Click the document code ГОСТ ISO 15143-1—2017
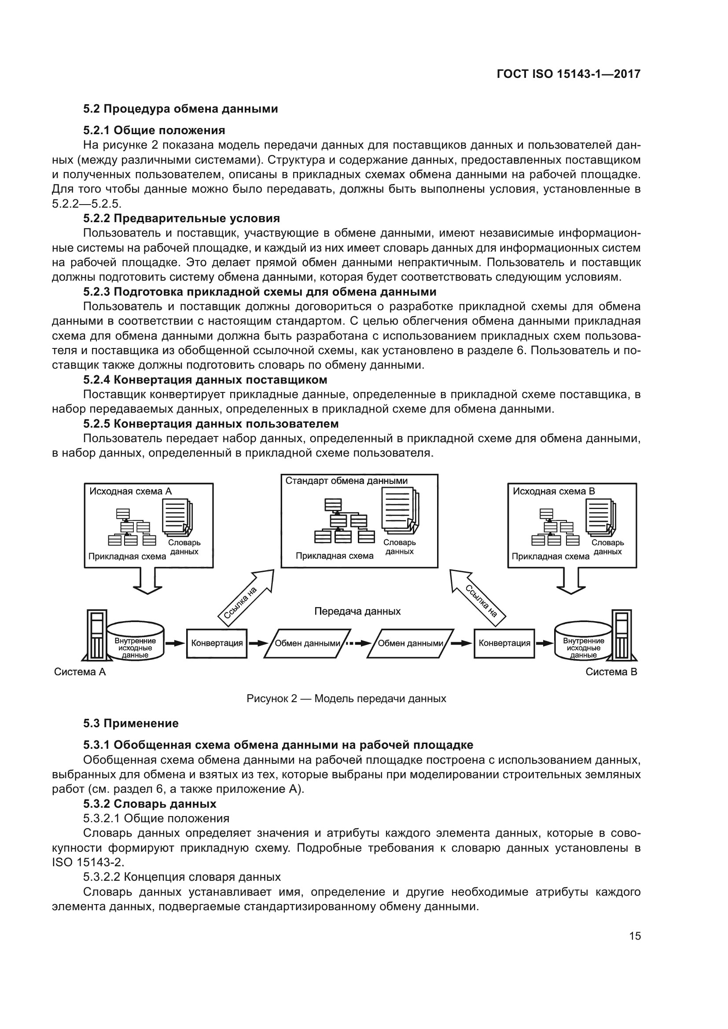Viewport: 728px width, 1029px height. (x=568, y=74)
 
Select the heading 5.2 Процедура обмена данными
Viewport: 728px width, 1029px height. (x=180, y=109)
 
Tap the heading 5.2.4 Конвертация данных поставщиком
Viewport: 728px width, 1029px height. (x=205, y=380)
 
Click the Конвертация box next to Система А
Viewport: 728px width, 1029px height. (x=217, y=643)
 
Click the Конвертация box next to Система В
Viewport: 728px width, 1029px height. (x=504, y=643)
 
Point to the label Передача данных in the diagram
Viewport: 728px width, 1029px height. (x=357, y=612)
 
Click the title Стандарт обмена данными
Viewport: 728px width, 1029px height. (x=346, y=481)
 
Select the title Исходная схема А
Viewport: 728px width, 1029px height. (x=130, y=491)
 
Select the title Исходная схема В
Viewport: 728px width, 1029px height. (x=554, y=491)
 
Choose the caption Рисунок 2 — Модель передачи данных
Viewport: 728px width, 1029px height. (x=346, y=699)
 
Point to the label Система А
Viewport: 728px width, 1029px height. (x=80, y=672)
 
